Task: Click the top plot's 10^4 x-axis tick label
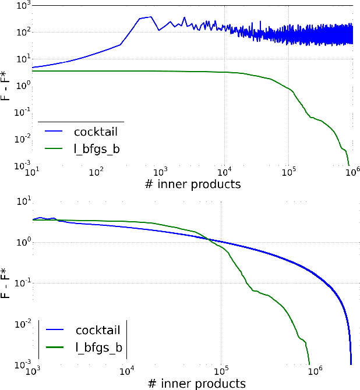pyautogui.click(x=224, y=173)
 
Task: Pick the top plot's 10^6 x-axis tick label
pyautogui.click(x=351, y=173)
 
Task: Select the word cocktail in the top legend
pyautogui.click(x=99, y=131)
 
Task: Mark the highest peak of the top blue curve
pyautogui.click(x=150, y=17)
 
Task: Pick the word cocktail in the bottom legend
pyautogui.click(x=98, y=331)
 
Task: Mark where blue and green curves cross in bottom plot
pyautogui.click(x=209, y=239)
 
